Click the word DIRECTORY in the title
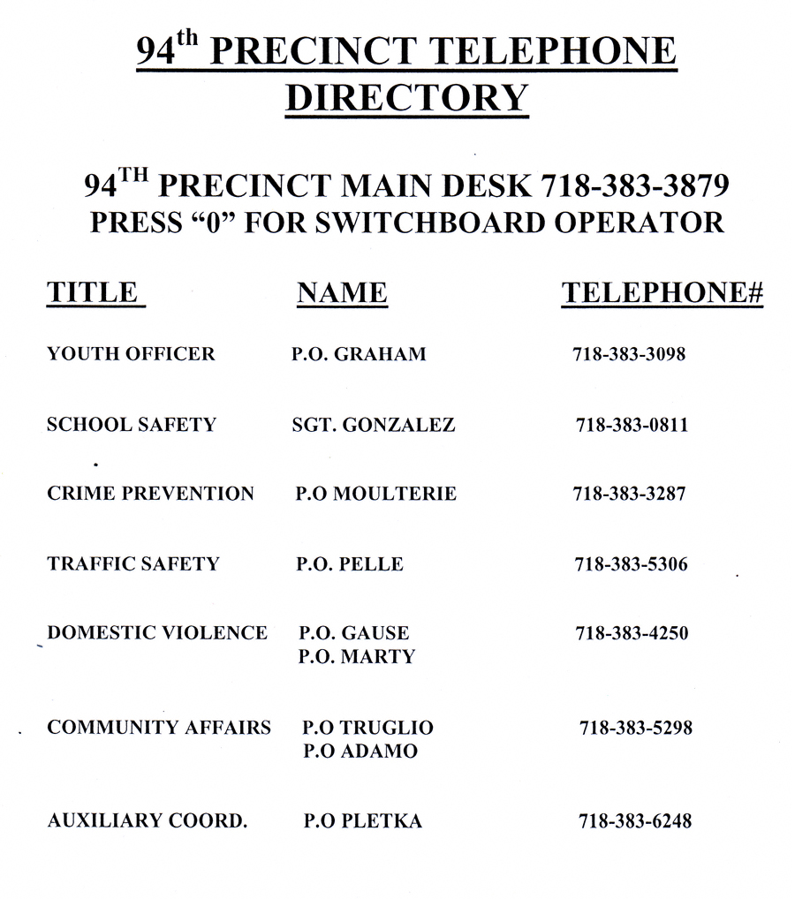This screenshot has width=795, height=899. point(406,96)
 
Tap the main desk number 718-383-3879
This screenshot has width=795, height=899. point(634,186)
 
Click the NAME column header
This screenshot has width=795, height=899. point(342,293)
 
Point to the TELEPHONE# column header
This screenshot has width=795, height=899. point(662,293)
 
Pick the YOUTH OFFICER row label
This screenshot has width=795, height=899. point(131,354)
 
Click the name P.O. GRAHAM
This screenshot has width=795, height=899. point(359,354)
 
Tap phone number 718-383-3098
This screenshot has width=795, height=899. point(629,354)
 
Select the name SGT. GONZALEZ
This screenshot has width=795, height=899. point(373,425)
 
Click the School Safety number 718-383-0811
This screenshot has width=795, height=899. point(632,425)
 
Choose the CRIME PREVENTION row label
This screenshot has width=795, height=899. point(150,494)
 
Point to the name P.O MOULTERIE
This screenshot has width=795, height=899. point(375,494)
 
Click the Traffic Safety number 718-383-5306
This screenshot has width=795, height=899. point(631,563)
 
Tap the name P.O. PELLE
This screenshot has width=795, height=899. point(349,563)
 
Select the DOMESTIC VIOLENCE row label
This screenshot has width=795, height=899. point(156,632)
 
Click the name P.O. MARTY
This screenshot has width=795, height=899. point(357,657)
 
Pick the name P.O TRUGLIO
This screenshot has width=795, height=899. point(367,728)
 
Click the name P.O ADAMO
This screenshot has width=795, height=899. point(360,752)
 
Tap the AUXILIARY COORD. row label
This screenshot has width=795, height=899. point(147,821)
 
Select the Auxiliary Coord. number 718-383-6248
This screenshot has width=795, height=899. point(634,821)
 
